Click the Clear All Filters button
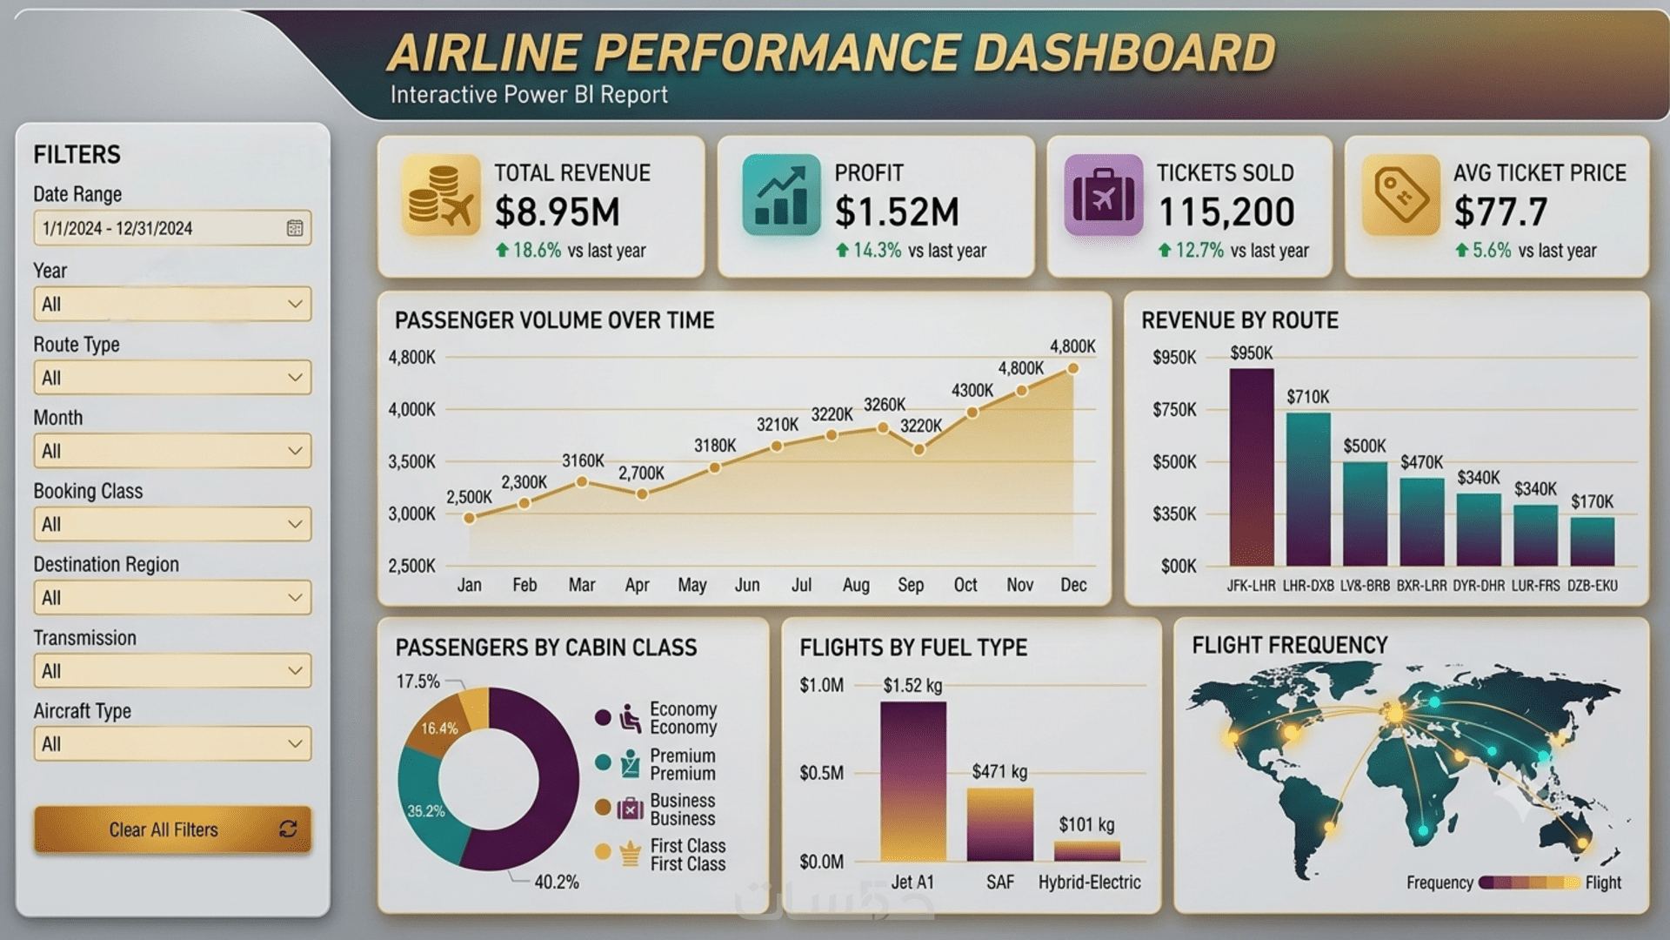(172, 829)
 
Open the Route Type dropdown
(172, 378)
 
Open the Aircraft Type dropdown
(172, 744)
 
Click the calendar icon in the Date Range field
(295, 228)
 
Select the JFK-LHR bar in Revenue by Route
(1252, 467)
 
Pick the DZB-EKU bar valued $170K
(1593, 541)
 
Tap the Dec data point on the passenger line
(1073, 369)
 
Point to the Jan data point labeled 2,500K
(470, 518)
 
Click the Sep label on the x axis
(911, 585)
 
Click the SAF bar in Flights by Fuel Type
(1000, 825)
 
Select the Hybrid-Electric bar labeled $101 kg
(1087, 851)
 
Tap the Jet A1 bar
(913, 782)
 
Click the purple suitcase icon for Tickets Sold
(1103, 195)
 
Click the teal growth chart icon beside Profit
(781, 195)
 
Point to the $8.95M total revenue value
(558, 211)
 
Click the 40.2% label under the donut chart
(557, 882)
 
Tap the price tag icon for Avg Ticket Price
(1401, 195)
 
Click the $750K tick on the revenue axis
(1174, 409)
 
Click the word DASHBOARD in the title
(1124, 52)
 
